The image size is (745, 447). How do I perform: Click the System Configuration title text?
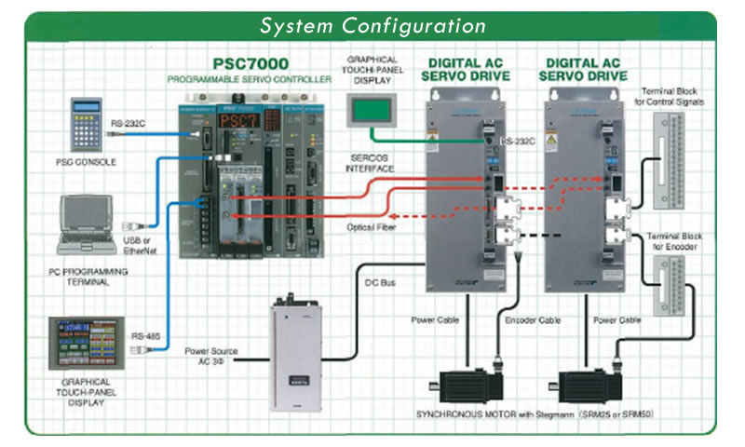coord(372,25)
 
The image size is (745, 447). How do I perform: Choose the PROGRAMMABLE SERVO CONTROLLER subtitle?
coord(249,81)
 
